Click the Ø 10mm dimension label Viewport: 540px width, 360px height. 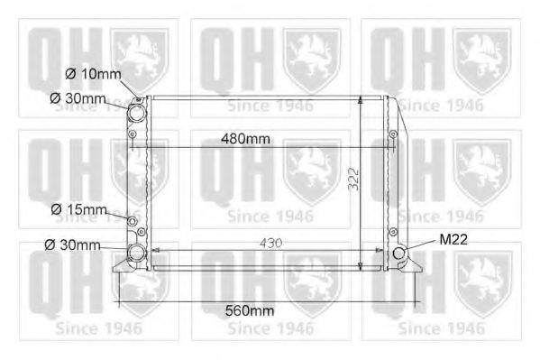pos(94,74)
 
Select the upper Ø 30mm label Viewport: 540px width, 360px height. pos(78,98)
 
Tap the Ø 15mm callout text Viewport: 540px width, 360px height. pos(78,209)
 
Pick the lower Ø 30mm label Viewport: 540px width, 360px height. pos(72,245)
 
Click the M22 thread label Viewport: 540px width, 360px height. pos(453,239)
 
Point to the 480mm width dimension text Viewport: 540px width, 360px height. pos(245,139)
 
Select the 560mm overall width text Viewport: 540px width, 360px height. pos(250,310)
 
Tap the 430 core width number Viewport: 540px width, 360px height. pos(271,243)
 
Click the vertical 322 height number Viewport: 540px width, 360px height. pos(353,179)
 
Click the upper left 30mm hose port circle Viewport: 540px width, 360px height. pos(136,112)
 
